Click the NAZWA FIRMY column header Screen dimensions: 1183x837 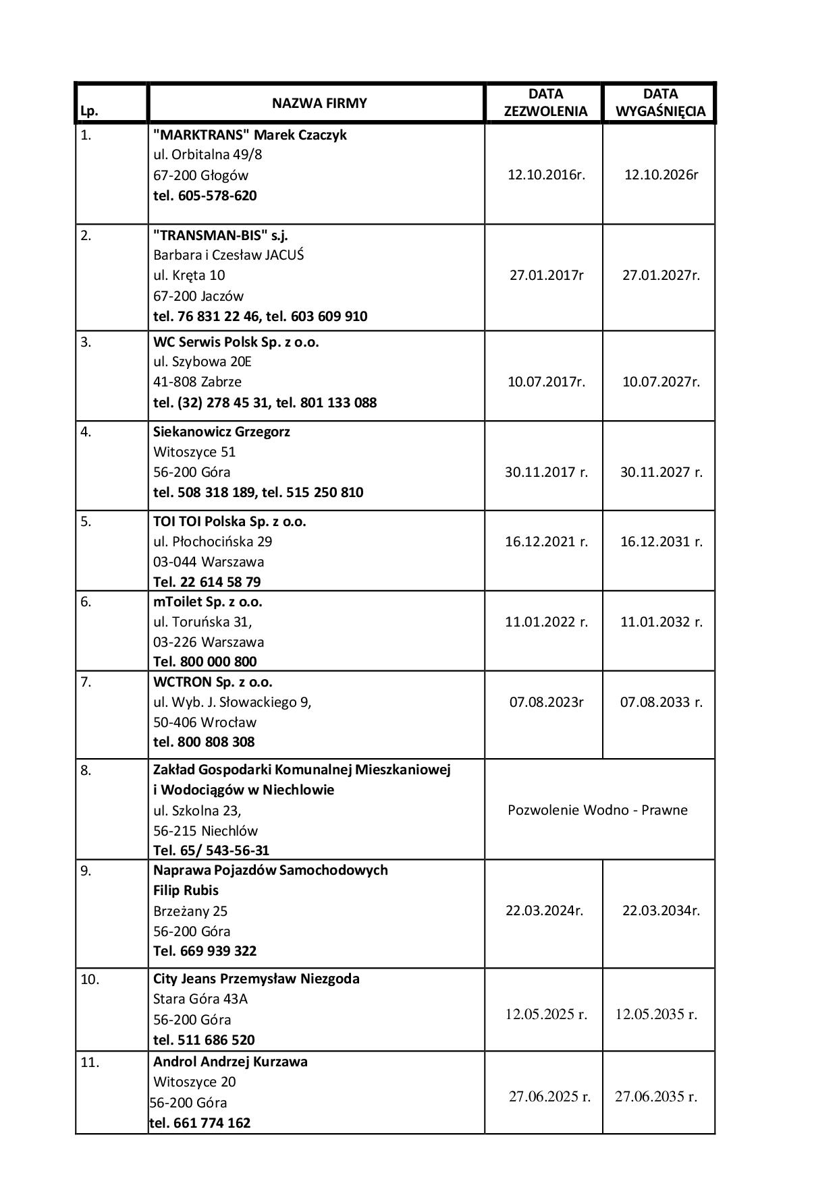click(x=319, y=103)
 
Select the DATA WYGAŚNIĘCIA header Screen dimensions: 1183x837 click(x=660, y=103)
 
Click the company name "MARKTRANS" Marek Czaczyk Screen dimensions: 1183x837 click(x=250, y=134)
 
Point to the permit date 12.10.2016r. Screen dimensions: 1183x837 click(x=546, y=175)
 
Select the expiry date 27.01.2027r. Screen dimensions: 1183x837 click(x=661, y=275)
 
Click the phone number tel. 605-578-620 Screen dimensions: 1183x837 click(x=205, y=196)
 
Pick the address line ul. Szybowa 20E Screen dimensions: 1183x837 click(x=202, y=362)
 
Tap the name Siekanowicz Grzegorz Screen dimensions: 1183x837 click(x=221, y=431)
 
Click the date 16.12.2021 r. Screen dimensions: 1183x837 click(x=546, y=541)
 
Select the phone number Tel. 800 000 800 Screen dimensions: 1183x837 click(x=205, y=661)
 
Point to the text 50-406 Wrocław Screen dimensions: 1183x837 click(x=205, y=722)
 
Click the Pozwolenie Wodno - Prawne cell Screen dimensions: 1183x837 click(x=597, y=809)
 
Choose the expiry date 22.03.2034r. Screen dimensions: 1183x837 click(x=661, y=911)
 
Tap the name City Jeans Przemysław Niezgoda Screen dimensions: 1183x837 click(x=256, y=978)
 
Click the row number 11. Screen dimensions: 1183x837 click(x=90, y=1062)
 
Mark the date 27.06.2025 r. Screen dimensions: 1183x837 click(x=549, y=1097)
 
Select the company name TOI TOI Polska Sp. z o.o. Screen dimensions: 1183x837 click(x=230, y=521)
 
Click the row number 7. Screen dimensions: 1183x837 click(x=86, y=682)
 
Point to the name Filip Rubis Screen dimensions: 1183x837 click(x=186, y=890)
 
